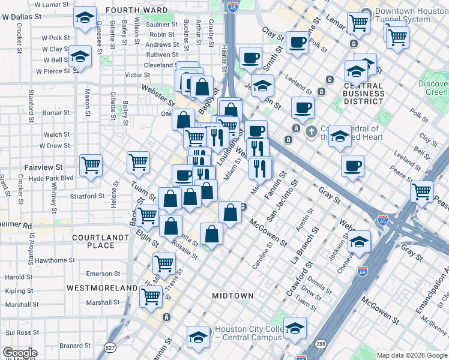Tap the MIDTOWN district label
(233, 296)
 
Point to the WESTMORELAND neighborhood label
(102, 288)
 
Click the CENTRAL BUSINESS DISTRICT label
(364, 93)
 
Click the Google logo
(20, 353)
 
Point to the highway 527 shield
(109, 347)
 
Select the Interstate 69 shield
(362, 271)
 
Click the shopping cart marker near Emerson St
(164, 262)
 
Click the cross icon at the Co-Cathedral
(311, 131)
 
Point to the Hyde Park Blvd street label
(50, 178)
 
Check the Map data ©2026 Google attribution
(411, 355)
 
